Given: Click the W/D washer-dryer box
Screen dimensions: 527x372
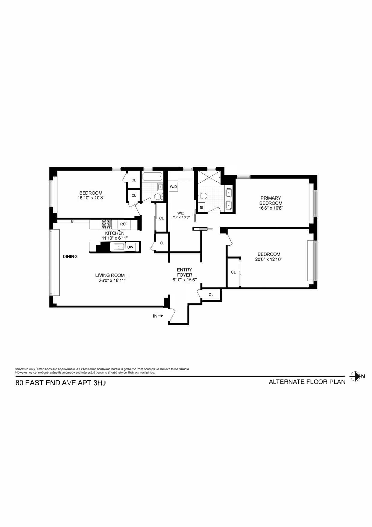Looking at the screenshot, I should [x=173, y=187].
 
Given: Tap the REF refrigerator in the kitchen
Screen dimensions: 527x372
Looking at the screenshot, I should [x=124, y=224].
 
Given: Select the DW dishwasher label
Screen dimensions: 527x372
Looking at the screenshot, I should [x=130, y=247].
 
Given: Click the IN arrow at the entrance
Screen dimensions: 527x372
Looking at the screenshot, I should [x=158, y=316].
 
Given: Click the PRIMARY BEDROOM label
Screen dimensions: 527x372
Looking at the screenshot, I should [x=271, y=200].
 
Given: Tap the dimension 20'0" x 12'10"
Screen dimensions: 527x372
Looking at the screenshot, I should [x=269, y=259].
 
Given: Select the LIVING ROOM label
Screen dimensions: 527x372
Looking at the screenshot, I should [x=110, y=275].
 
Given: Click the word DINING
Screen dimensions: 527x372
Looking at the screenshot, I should [x=70, y=256].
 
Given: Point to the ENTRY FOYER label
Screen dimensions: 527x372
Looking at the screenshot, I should [x=184, y=272].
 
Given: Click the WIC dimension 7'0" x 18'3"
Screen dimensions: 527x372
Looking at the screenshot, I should [x=181, y=217].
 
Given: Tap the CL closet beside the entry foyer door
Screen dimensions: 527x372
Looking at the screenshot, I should [x=211, y=295].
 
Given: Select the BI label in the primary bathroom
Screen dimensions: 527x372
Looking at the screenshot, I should [x=201, y=207].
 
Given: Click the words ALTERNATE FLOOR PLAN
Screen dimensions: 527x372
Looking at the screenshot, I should [x=307, y=382].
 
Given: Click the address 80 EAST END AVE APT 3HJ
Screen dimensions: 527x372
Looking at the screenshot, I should [x=61, y=383].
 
